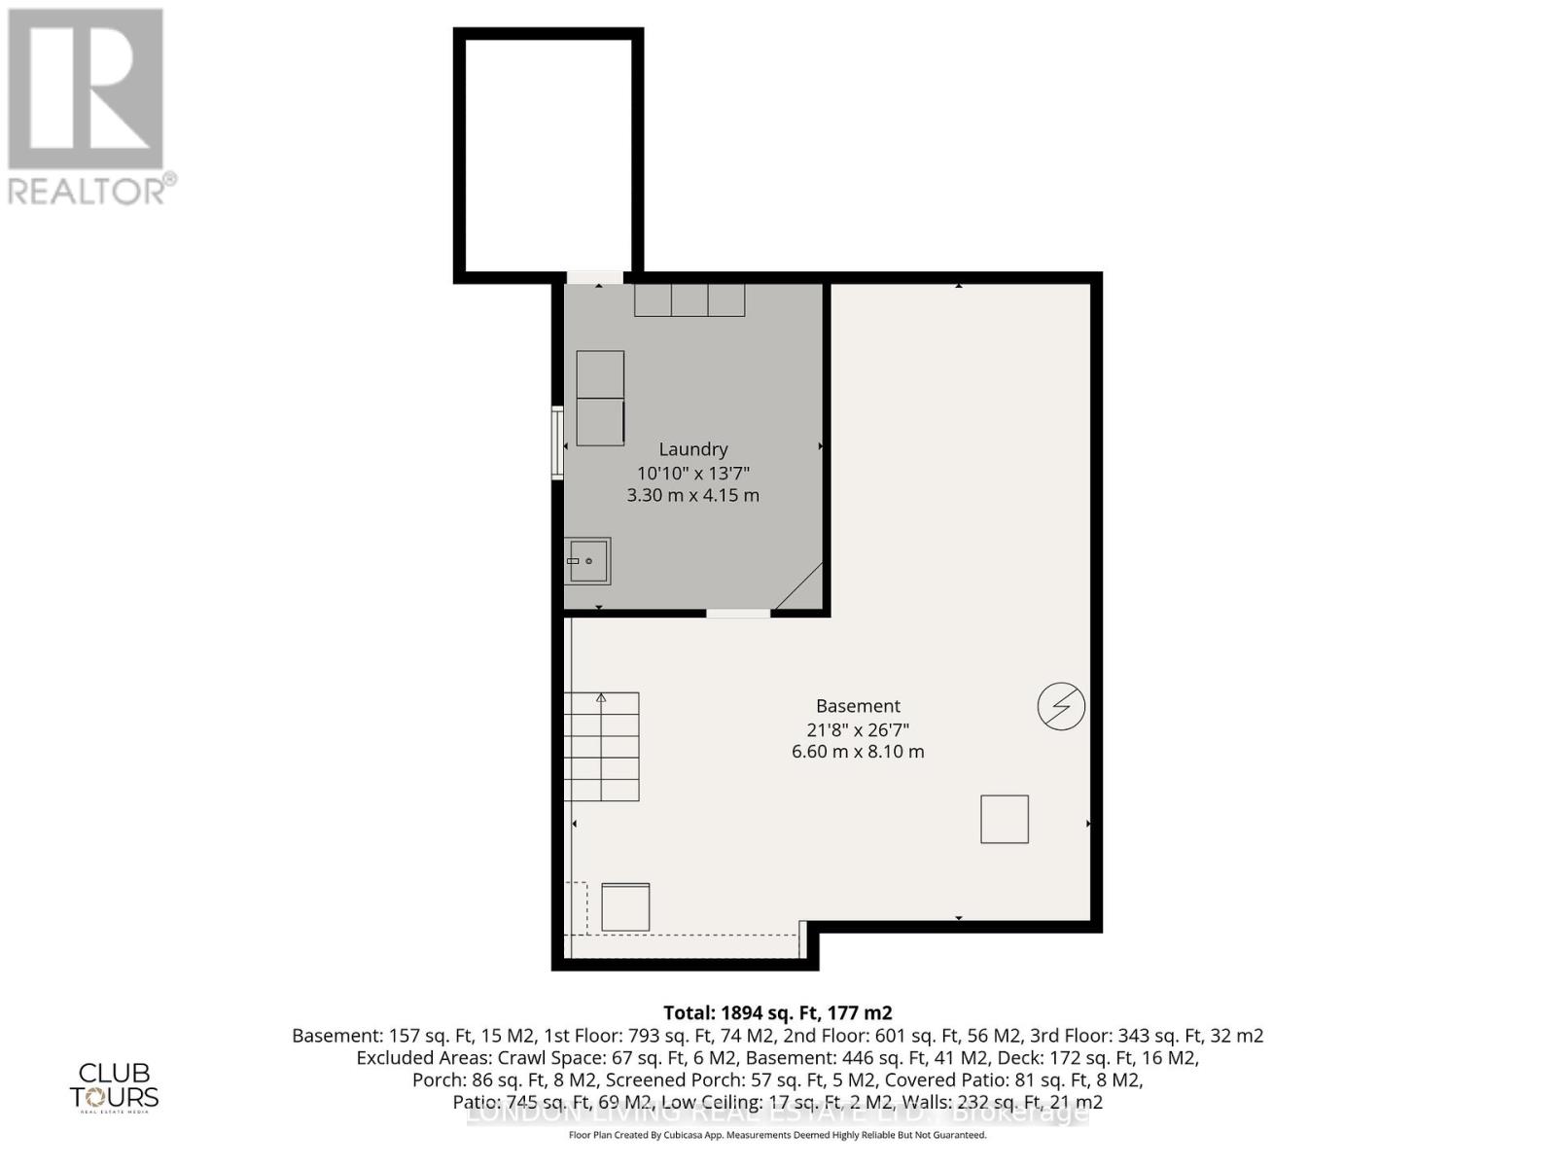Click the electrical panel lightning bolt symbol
pos(1061,706)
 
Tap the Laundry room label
pos(693,449)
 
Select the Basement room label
pos(858,706)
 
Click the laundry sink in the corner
pos(588,561)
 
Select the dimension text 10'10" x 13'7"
pos(693,473)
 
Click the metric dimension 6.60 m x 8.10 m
pos(858,752)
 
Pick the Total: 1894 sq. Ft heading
pos(777,1012)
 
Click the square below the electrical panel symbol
pos(1005,819)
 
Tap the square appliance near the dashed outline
pos(625,906)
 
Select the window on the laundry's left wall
pos(557,442)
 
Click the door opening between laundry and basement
pos(738,614)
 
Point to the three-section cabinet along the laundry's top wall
pos(690,300)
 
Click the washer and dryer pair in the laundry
pos(600,399)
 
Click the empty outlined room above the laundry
pos(548,156)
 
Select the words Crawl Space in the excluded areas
pos(558,1057)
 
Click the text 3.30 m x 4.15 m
pos(693,495)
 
